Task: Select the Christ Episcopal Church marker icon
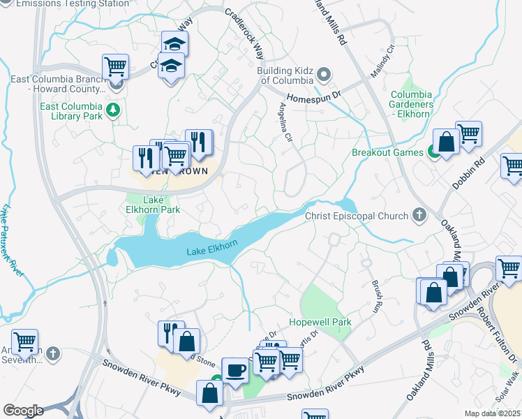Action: tap(419, 216)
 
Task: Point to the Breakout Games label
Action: tap(387, 152)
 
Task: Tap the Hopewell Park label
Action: tap(320, 322)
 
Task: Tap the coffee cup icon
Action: tap(235, 370)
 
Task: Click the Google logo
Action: tap(23, 411)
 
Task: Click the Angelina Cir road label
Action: tap(285, 122)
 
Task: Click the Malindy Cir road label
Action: tap(382, 62)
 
